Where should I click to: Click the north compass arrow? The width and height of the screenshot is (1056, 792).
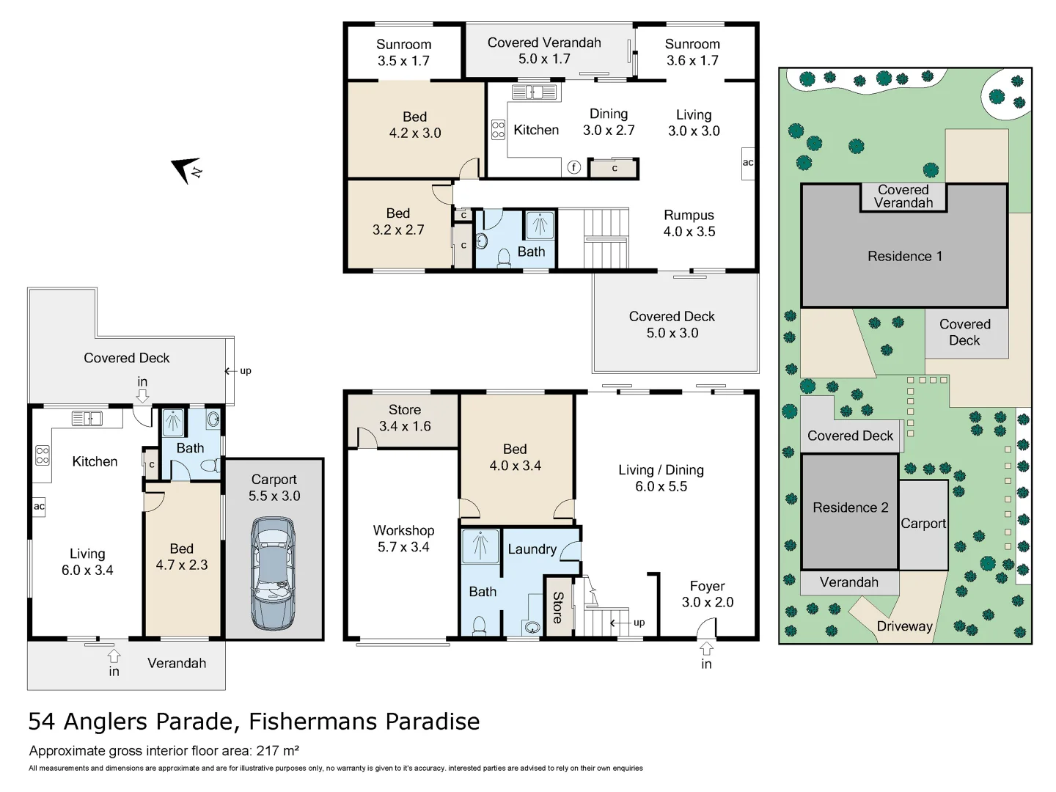pos(185,169)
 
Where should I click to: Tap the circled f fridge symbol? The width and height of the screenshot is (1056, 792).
pos(574,167)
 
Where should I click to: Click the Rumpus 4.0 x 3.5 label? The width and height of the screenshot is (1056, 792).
pos(689,223)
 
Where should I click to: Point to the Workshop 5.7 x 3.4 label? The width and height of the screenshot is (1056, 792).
pos(403,538)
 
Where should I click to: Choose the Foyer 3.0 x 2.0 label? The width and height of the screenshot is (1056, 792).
pos(707,594)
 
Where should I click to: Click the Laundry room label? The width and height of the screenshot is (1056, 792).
pos(532,549)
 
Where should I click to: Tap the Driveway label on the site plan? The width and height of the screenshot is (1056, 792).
pos(904,626)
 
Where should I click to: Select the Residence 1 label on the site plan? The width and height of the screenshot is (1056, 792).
pos(904,256)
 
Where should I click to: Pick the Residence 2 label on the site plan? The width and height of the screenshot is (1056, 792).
pos(850,507)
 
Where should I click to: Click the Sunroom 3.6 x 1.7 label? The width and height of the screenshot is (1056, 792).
pos(692,52)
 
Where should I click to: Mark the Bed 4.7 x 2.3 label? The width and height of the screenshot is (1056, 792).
pos(181,557)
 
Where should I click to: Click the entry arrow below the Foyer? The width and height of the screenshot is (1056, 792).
pos(706,649)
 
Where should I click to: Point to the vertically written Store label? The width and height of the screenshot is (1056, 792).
pos(558,607)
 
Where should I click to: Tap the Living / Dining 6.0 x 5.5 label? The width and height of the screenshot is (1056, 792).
pos(661,478)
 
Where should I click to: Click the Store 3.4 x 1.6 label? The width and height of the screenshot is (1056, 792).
pos(405,418)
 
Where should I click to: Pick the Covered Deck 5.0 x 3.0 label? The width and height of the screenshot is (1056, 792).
pos(672,324)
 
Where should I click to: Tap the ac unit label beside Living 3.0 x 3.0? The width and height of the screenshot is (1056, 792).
pos(748,162)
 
